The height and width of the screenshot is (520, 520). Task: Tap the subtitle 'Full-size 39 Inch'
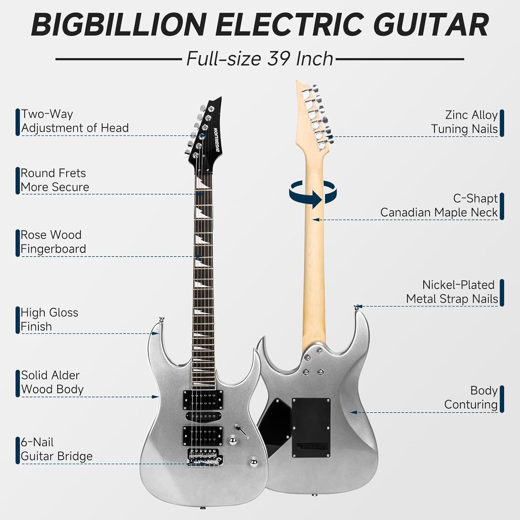click(x=260, y=59)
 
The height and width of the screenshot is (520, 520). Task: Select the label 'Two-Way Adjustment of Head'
click(x=75, y=121)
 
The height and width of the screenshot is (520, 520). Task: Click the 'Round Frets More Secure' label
click(x=55, y=180)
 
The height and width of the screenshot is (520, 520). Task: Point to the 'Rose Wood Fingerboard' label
click(x=53, y=242)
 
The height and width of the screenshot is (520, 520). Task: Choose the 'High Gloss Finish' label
click(x=49, y=319)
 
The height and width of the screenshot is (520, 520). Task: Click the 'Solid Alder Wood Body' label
click(x=52, y=382)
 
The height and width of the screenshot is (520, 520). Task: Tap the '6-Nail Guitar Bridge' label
click(x=57, y=449)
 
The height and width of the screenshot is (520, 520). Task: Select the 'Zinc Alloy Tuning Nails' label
click(x=464, y=122)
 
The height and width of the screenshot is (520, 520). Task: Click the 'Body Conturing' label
click(x=470, y=397)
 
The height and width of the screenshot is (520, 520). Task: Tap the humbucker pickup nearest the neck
click(x=202, y=399)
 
